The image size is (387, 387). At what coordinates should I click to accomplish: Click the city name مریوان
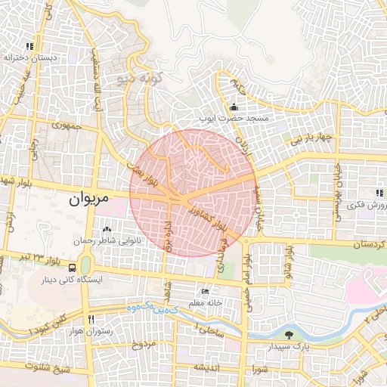pos(88,199)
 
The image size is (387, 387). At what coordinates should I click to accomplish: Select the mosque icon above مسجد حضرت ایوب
pos(234,106)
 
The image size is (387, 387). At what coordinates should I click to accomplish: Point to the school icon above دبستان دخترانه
pos(29,45)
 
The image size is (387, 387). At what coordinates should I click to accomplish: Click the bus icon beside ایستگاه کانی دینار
pos(72,267)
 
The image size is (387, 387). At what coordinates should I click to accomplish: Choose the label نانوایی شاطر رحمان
pos(106,240)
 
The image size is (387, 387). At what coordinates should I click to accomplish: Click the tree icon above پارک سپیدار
pos(288,334)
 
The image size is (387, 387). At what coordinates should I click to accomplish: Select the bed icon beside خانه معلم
pos(205,291)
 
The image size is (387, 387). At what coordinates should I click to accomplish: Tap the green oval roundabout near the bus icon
pos(85,265)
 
